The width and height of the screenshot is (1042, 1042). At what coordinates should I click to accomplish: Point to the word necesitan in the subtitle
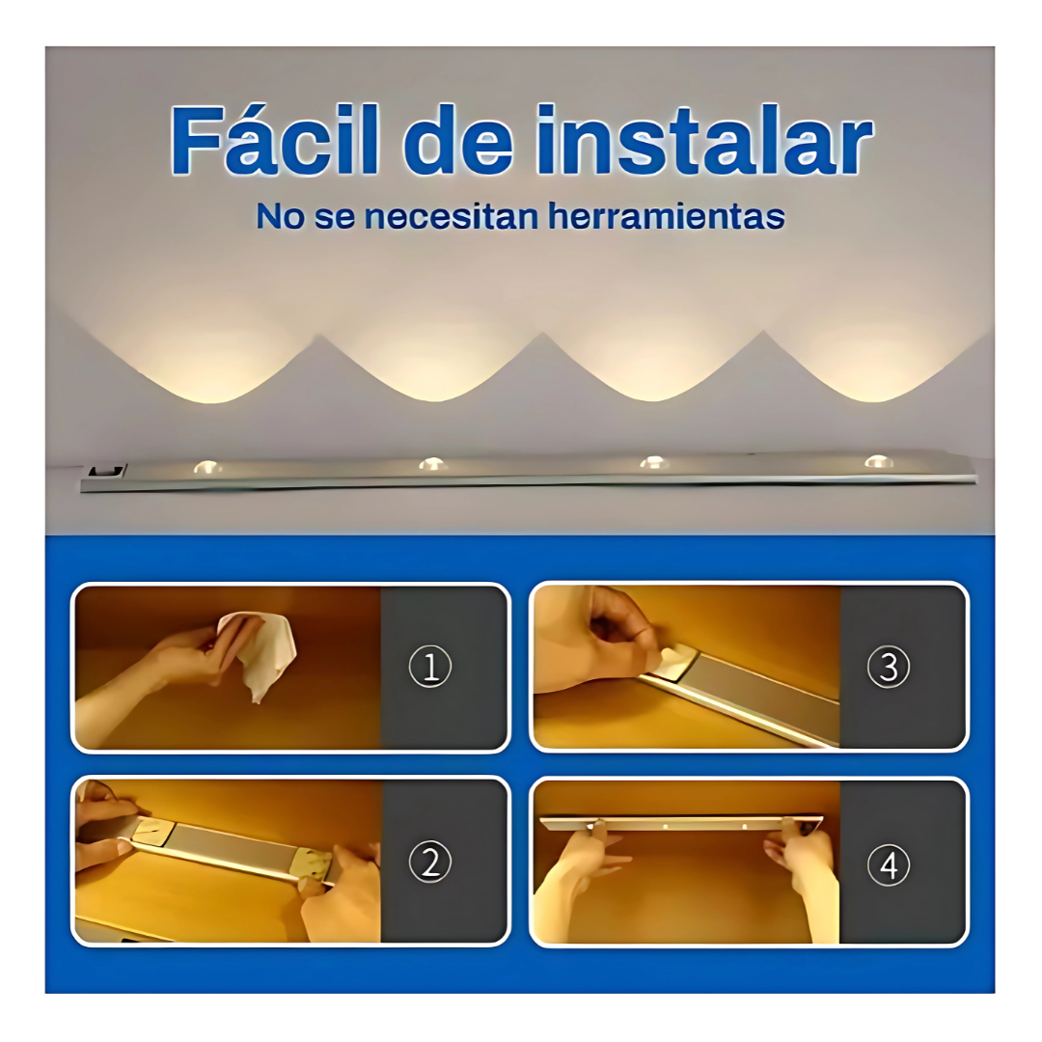pyautogui.click(x=451, y=217)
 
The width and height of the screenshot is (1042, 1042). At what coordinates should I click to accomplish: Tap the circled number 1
pyautogui.click(x=430, y=667)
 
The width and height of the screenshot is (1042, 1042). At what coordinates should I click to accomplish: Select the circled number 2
pyautogui.click(x=430, y=862)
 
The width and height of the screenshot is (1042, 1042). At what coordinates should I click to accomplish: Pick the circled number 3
pyautogui.click(x=889, y=667)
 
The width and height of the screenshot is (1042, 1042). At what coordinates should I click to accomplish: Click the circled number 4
pyautogui.click(x=889, y=864)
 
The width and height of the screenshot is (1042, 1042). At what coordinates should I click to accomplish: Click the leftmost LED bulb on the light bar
pyautogui.click(x=208, y=467)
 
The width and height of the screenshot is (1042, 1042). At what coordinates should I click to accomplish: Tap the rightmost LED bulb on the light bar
pyautogui.click(x=879, y=461)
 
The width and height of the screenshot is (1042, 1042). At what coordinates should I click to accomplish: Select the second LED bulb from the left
pyautogui.click(x=432, y=464)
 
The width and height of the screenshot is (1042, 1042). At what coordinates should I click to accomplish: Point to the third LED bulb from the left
pyautogui.click(x=654, y=462)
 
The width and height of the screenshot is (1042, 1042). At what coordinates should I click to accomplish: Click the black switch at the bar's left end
pyautogui.click(x=106, y=471)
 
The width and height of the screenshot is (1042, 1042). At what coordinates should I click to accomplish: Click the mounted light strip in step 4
pyautogui.click(x=682, y=824)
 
